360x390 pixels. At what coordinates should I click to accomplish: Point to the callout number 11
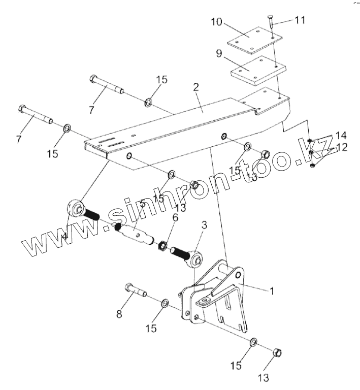point(300,21)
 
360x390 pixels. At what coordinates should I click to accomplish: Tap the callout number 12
point(341,147)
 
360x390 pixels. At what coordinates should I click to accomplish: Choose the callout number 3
point(204,224)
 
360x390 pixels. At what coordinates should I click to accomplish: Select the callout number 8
point(119,314)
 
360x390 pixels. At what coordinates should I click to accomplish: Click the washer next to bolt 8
point(165,304)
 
